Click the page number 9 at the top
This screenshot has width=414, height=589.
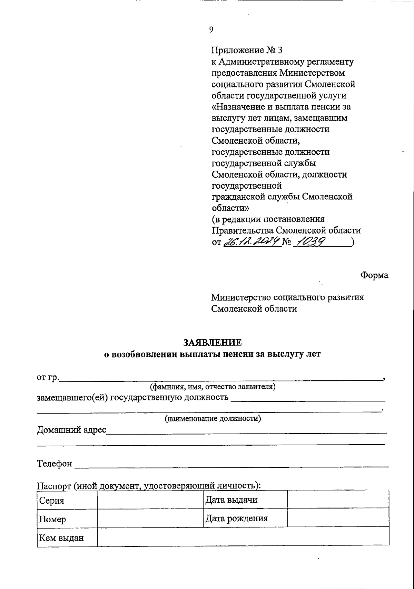click(x=211, y=30)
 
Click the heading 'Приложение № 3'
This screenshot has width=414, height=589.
click(x=247, y=50)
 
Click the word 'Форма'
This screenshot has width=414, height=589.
click(x=374, y=275)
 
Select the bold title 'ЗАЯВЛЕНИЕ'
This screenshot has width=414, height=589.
click(x=213, y=342)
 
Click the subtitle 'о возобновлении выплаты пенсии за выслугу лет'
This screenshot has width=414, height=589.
click(x=213, y=354)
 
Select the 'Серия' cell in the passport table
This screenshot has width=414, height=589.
click(x=67, y=500)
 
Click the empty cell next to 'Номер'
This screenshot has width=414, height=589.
click(x=150, y=519)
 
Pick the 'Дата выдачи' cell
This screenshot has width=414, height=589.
click(x=245, y=500)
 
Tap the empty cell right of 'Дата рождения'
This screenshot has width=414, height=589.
click(x=338, y=519)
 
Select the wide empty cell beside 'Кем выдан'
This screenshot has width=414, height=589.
click(x=243, y=538)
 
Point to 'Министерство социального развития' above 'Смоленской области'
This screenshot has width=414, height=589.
click(x=287, y=297)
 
